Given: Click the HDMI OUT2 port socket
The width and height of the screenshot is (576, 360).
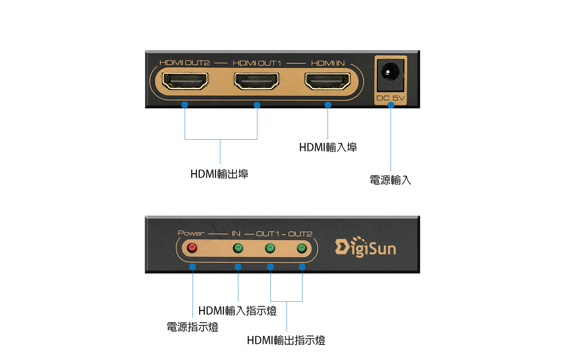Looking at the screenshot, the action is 185,81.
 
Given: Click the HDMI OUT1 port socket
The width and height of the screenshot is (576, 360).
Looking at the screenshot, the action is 256,81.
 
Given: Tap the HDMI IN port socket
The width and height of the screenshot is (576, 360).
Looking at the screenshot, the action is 327,81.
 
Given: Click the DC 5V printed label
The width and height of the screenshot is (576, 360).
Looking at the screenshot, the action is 390,98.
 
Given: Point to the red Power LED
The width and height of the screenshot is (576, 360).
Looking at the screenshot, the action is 192,248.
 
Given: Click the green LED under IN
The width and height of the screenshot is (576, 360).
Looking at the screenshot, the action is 238,248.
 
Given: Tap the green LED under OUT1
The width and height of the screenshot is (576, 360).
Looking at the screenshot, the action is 270,248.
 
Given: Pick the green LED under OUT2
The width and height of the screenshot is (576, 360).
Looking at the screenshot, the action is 301,248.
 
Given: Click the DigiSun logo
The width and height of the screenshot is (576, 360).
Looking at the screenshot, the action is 365,247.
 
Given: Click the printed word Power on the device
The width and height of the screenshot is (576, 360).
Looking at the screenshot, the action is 191,233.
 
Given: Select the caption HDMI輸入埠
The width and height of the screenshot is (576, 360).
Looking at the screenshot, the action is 328,147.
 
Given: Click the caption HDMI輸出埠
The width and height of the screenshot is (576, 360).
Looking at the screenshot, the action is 219,174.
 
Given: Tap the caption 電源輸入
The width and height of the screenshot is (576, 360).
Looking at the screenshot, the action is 390,180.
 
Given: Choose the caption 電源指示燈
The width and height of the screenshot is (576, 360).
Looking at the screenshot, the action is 193,327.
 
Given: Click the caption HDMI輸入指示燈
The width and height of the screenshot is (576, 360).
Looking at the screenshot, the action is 237,311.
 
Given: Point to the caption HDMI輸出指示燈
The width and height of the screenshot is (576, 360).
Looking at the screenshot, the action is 286,340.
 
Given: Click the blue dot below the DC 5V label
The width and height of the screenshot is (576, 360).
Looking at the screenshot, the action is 391,105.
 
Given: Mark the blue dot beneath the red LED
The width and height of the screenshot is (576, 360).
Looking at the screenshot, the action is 193,267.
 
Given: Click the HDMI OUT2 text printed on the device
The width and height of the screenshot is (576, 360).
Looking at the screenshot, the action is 185,63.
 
